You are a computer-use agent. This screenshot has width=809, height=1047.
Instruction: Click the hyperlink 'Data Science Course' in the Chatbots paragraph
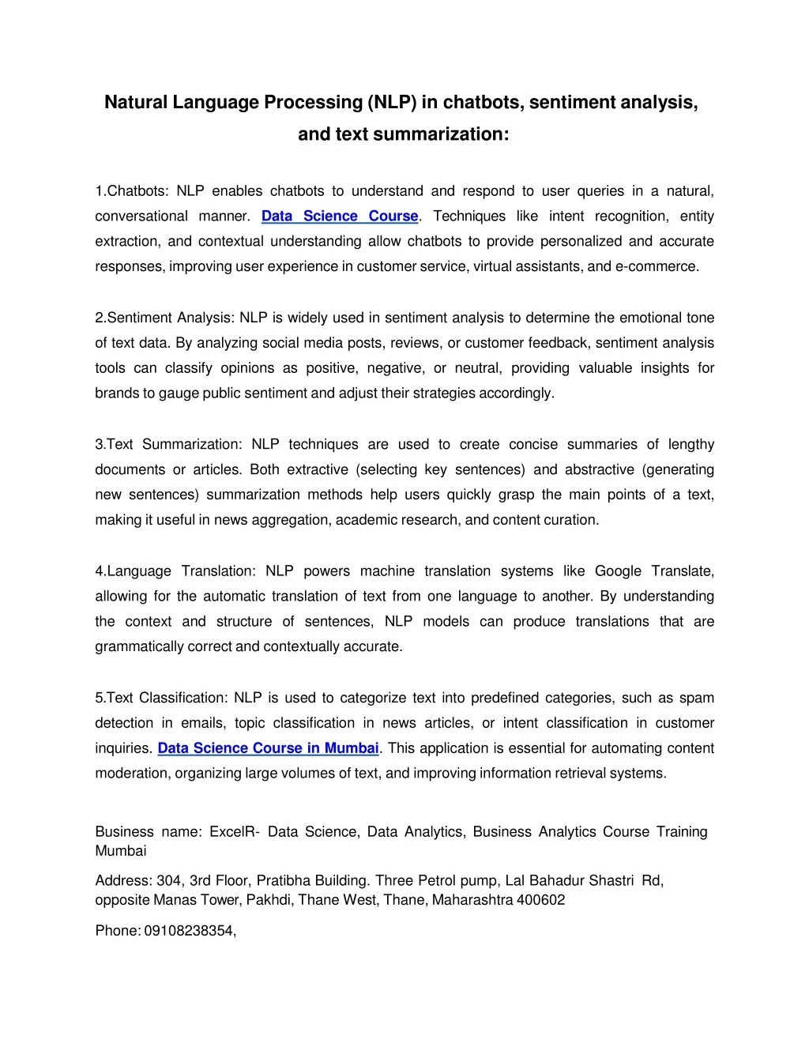point(340,217)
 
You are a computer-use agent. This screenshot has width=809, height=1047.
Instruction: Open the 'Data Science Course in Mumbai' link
point(268,748)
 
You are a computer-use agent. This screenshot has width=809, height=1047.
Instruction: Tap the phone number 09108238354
point(190,931)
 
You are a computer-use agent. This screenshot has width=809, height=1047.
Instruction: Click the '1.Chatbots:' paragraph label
point(132,191)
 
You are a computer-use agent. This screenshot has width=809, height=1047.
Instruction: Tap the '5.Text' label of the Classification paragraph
point(114,698)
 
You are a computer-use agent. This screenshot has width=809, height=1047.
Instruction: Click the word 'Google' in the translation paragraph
point(618,571)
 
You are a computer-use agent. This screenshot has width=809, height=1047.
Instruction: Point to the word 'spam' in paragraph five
point(697,698)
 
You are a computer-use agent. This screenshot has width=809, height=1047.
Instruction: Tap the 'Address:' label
point(123,881)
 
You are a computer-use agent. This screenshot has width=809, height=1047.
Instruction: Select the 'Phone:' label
point(118,931)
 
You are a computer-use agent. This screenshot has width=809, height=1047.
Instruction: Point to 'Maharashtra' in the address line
point(472,900)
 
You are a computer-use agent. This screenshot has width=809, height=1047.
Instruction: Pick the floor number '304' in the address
point(169,881)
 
